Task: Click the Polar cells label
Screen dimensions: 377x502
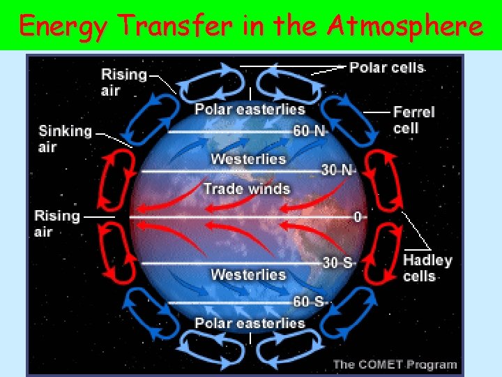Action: (x=386, y=68)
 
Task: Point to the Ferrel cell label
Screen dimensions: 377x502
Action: (x=413, y=120)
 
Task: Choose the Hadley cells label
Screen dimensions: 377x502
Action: (x=427, y=268)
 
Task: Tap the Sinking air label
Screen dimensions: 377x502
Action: (x=65, y=138)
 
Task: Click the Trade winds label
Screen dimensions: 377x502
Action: (x=246, y=188)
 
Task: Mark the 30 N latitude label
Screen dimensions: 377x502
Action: (x=338, y=170)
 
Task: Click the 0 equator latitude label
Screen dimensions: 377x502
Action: (x=358, y=217)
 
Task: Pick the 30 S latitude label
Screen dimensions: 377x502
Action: (x=338, y=263)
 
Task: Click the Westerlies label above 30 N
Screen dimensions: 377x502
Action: (x=248, y=159)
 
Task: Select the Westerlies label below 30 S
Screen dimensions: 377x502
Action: (x=248, y=274)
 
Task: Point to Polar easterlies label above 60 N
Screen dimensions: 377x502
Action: (x=250, y=109)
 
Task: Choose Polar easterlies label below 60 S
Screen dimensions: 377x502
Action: (x=250, y=323)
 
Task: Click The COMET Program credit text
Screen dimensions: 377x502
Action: (x=395, y=364)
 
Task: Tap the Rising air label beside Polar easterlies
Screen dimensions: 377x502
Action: (x=124, y=82)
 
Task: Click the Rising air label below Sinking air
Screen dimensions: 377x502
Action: (x=57, y=223)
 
